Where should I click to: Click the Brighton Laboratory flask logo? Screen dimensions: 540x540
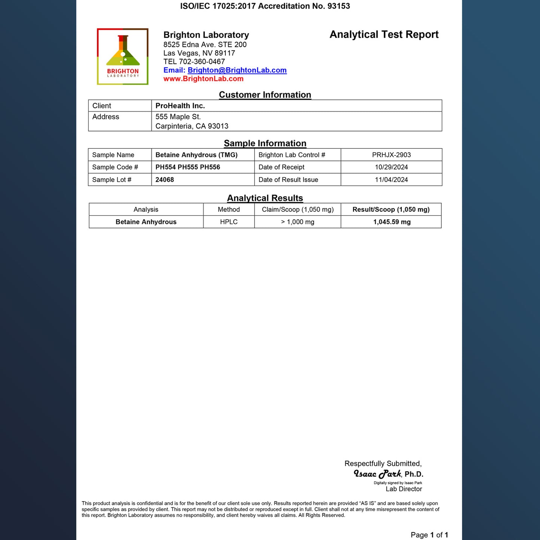pyautogui.click(x=123, y=56)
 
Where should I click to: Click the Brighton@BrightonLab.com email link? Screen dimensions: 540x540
pyautogui.click(x=237, y=70)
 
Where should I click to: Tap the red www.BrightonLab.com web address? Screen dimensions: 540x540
pyautogui.click(x=203, y=79)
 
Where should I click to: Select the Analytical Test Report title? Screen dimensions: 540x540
pyautogui.click(x=384, y=34)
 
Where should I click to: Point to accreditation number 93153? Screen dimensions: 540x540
pyautogui.click(x=339, y=6)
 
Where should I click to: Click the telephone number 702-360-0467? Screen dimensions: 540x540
pyautogui.click(x=202, y=62)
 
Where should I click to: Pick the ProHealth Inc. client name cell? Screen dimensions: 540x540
pyautogui.click(x=180, y=106)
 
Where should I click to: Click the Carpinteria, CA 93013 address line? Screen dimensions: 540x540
pyautogui.click(x=192, y=126)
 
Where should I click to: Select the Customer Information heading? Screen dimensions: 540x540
pyautogui.click(x=265, y=95)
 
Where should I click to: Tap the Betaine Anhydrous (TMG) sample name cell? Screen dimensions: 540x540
pyautogui.click(x=197, y=155)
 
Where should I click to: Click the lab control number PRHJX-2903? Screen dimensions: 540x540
pyautogui.click(x=391, y=155)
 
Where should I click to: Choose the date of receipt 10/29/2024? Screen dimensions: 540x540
pyautogui.click(x=391, y=167)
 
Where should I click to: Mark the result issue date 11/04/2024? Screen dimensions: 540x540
pyautogui.click(x=391, y=180)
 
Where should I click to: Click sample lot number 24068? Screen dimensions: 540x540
pyautogui.click(x=165, y=180)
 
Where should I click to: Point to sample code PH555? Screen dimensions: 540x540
pyautogui.click(x=188, y=167)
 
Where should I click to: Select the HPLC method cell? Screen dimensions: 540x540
pyautogui.click(x=229, y=222)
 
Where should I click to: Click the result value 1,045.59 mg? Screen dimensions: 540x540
pyautogui.click(x=392, y=222)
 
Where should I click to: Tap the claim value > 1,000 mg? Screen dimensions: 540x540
pyautogui.click(x=297, y=222)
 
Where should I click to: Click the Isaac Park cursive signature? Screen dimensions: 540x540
pyautogui.click(x=377, y=474)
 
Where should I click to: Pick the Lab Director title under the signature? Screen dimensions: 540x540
pyautogui.click(x=404, y=489)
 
